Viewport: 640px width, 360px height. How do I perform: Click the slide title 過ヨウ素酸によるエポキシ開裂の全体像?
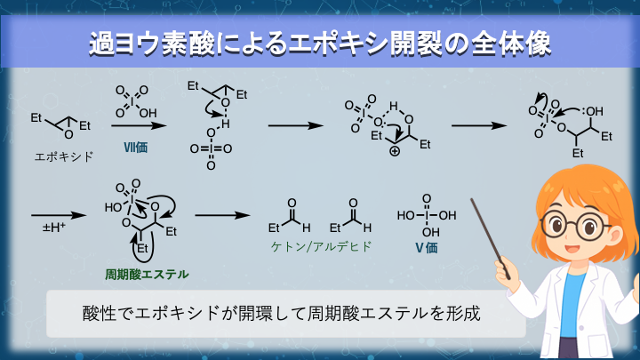tap(320, 42)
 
